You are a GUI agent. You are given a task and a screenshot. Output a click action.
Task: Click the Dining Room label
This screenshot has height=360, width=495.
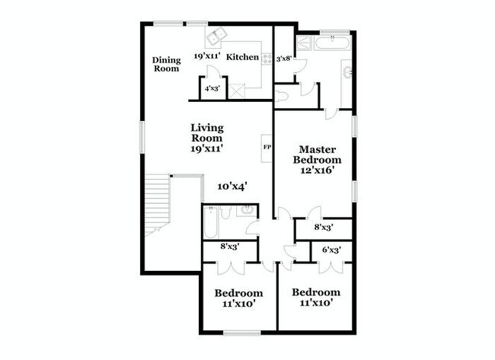[165, 65]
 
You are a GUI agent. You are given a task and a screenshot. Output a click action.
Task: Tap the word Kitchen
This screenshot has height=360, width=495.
[244, 56]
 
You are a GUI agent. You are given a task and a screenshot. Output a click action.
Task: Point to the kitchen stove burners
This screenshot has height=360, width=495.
[267, 57]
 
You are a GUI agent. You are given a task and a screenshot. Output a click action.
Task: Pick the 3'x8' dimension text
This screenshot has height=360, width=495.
[285, 58]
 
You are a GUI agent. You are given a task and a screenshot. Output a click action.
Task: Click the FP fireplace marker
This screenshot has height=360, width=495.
[267, 145]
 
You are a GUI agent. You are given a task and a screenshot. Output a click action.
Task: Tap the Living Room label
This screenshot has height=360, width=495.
[206, 139]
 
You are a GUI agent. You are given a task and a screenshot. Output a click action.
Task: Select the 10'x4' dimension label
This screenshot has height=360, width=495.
[232, 186]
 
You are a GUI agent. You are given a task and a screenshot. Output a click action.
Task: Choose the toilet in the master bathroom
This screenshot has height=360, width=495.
[281, 94]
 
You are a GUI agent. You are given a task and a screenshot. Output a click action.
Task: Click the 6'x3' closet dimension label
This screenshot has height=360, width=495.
[330, 250]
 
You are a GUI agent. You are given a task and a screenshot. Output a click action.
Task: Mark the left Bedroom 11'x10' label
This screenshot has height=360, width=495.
[238, 298]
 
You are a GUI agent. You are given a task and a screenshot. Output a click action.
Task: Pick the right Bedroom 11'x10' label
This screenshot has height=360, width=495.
[316, 298]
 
